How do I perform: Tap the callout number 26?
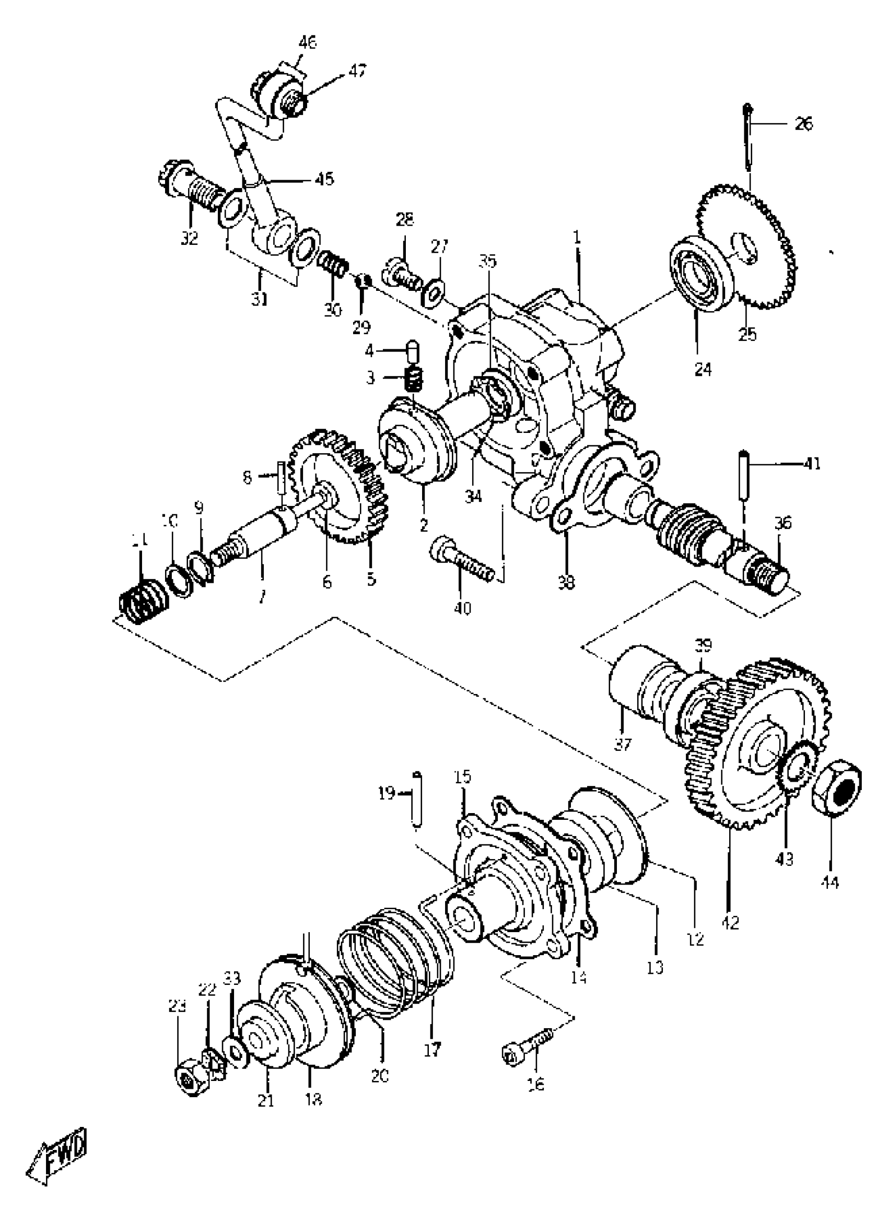(803, 125)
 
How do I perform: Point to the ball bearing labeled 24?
(702, 272)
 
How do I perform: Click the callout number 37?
(623, 745)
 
